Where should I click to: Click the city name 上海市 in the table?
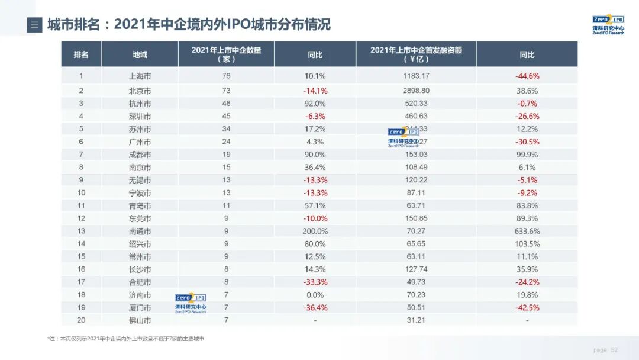coord(140,76)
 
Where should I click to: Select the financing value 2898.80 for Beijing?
coord(416,91)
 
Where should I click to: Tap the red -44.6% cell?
coord(527,76)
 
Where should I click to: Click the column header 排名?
coord(81,54)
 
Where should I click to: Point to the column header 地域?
coord(140,54)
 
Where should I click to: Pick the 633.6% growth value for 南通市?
coord(527,231)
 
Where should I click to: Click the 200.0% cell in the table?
coord(315,231)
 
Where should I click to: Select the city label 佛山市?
coord(140,320)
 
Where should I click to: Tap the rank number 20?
coord(81,320)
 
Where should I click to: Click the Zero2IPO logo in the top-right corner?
coord(608,24)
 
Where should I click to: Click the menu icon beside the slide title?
coord(34,25)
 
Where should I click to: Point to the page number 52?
coord(614,350)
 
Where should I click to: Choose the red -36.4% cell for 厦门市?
coord(315,307)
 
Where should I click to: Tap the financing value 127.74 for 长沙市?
coord(416,269)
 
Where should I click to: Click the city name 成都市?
coord(140,155)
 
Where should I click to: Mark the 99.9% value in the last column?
coord(527,155)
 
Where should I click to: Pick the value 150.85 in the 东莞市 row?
coord(416,218)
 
